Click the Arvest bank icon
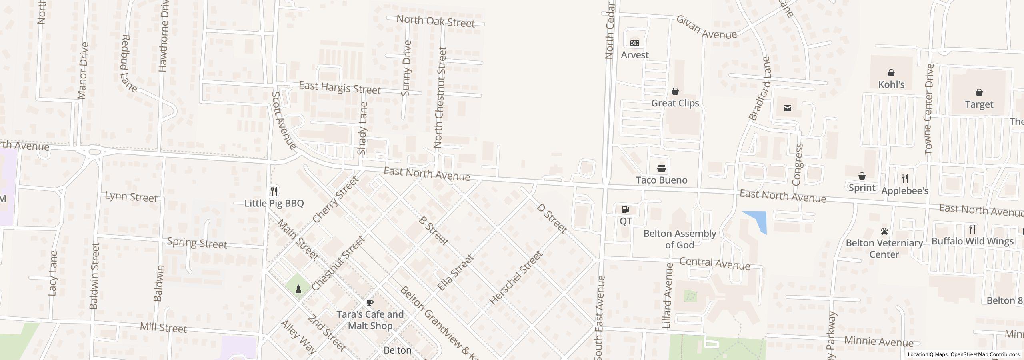(x=635, y=43)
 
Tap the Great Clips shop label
(x=675, y=103)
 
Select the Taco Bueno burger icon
(x=662, y=168)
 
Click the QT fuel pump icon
(x=626, y=209)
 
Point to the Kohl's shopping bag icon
(x=891, y=73)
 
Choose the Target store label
(x=979, y=104)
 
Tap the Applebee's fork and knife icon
(x=905, y=178)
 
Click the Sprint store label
(x=862, y=188)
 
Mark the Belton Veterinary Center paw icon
(x=884, y=231)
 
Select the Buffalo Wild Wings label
(x=972, y=241)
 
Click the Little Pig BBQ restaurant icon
(x=274, y=191)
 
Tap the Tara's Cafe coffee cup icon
(x=370, y=302)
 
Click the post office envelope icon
(x=788, y=108)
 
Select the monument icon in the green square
(x=298, y=289)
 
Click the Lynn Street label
(x=131, y=197)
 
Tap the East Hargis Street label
(x=340, y=88)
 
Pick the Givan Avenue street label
(x=706, y=27)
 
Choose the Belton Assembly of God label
(x=680, y=239)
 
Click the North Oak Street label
(x=436, y=21)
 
